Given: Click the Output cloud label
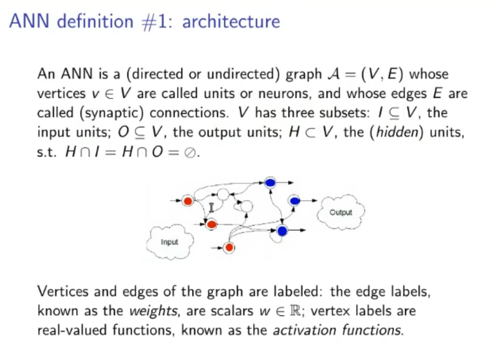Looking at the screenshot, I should pyautogui.click(x=341, y=213).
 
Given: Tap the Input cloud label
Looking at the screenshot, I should pyautogui.click(x=169, y=242).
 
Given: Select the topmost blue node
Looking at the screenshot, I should pyautogui.click(x=270, y=183).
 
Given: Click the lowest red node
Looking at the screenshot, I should pyautogui.click(x=229, y=247).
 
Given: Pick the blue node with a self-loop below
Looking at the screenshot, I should pyautogui.click(x=282, y=230).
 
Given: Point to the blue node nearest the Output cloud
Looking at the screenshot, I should pyautogui.click(x=295, y=200).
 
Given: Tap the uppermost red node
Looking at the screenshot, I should pyautogui.click(x=187, y=201).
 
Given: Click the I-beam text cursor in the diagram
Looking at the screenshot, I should pyautogui.click(x=211, y=207).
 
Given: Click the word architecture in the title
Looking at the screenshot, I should pyautogui.click(x=231, y=22).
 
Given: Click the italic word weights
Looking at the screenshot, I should pyautogui.click(x=151, y=311).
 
